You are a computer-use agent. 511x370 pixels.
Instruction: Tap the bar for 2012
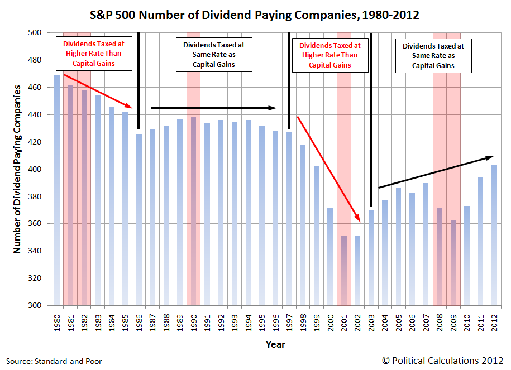[x=494, y=234]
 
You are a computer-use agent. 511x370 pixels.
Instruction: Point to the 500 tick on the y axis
[x=35, y=33]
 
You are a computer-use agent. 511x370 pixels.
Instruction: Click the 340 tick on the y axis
[x=35, y=251]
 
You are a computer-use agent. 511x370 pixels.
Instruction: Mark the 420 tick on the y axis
[x=35, y=142]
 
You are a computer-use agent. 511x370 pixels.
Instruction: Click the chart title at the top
[x=255, y=15]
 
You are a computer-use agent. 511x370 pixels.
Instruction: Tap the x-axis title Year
[x=275, y=344]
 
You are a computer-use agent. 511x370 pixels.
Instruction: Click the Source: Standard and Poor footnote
[x=54, y=361]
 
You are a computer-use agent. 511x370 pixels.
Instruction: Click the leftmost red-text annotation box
[x=93, y=54]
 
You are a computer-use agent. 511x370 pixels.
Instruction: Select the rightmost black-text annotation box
[x=433, y=56]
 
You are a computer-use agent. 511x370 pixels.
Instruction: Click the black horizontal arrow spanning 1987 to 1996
[x=214, y=108]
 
